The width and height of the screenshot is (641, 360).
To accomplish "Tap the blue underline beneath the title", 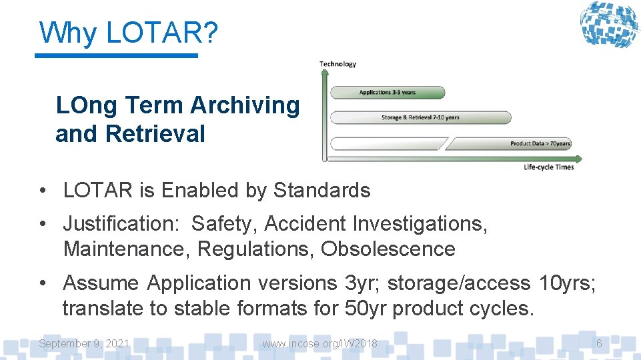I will click(116, 56).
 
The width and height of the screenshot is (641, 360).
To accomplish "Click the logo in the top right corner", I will click(608, 25).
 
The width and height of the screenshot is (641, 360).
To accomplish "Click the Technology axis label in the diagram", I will click(338, 64).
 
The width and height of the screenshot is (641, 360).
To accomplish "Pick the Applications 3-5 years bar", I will click(388, 93).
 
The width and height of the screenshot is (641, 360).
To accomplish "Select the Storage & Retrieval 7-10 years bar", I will click(420, 118).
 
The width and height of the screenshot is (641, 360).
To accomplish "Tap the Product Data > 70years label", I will click(540, 143).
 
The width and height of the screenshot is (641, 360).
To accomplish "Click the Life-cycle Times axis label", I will click(548, 167).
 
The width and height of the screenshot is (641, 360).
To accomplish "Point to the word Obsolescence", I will click(388, 249).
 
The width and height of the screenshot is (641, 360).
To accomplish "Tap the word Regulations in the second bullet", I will click(255, 249).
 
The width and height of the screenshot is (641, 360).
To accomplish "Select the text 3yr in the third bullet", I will click(360, 283).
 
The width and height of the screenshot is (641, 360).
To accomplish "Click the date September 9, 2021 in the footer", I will click(84, 344).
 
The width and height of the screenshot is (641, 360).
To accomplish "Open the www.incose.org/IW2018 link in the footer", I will click(319, 344).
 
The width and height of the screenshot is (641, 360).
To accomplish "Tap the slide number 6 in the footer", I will click(599, 344).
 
